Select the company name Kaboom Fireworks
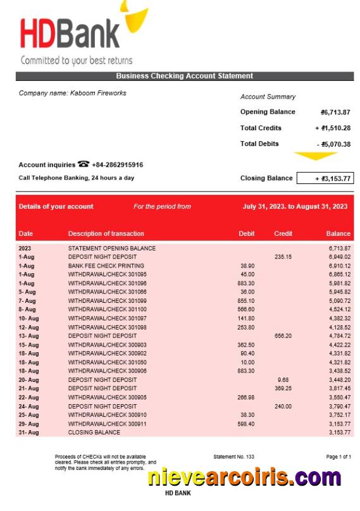72,93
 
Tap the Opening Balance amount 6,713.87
335,112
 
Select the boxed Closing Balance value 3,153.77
325,178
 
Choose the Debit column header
247,233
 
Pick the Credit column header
283,233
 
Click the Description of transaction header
106,233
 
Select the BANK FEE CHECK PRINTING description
106,266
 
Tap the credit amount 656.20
283,336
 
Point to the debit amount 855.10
246,301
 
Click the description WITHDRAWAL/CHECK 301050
107,362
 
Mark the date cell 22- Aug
28,397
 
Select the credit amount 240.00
283,406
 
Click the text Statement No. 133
234,456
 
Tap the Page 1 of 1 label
338,456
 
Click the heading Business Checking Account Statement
184,76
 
